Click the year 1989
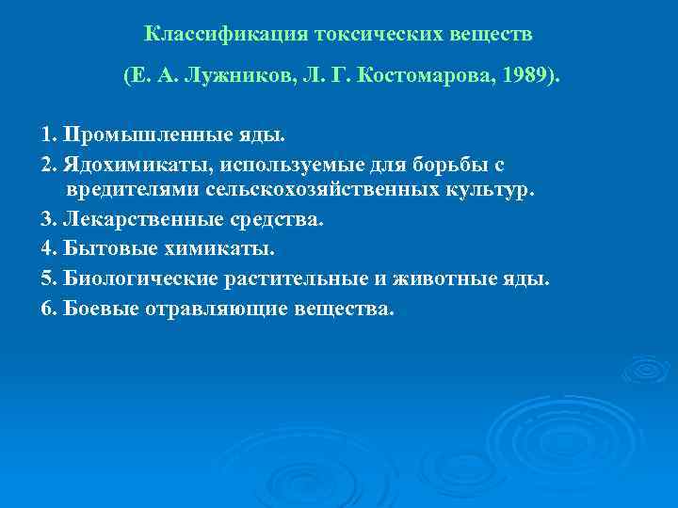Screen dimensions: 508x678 click(524, 76)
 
